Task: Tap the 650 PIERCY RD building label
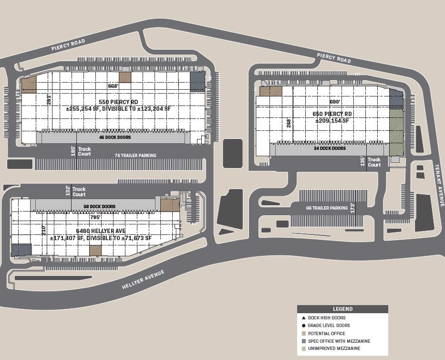pyautogui.click(x=332, y=114)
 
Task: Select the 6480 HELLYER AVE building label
pyautogui.click(x=100, y=231)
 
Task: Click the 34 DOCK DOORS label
pyautogui.click(x=330, y=148)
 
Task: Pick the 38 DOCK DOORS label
pyautogui.click(x=100, y=207)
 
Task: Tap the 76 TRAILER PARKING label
pyautogui.click(x=135, y=156)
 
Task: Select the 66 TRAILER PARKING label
pyautogui.click(x=327, y=208)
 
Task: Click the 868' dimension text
pyautogui.click(x=113, y=86)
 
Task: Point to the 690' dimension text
pyautogui.click(x=335, y=102)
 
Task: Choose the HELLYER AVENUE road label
pyautogui.click(x=143, y=279)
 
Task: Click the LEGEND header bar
pyautogui.click(x=342, y=309)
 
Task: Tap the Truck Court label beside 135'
pyautogui.click(x=374, y=162)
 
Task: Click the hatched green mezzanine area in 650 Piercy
pyautogui.click(x=396, y=131)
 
